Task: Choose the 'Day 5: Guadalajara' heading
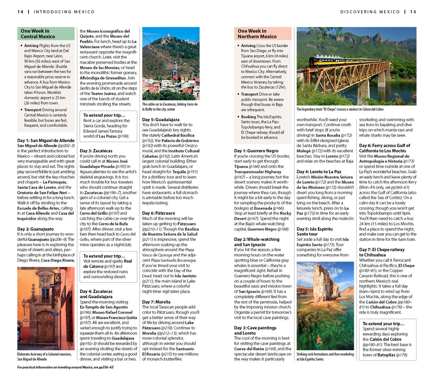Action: pyautogui.click(x=161, y=120)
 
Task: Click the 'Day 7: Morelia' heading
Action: pyautogui.click(x=156, y=302)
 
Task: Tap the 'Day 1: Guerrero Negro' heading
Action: pyautogui.click(x=256, y=151)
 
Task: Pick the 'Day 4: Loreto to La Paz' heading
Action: pyautogui.click(x=319, y=171)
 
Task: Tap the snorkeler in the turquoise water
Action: pyautogui.click(x=318, y=341)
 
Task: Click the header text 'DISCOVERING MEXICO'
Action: pyautogui.click(x=370, y=11)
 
